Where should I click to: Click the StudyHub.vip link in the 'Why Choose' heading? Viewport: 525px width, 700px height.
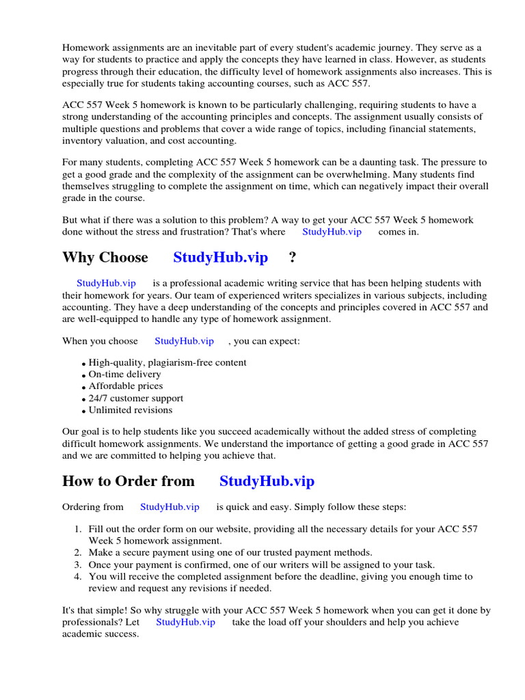click(220, 258)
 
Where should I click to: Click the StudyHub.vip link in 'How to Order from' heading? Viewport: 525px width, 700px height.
click(267, 481)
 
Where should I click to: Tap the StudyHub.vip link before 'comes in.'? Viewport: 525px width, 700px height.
click(332, 232)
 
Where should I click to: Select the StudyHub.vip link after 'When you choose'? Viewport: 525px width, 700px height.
click(184, 340)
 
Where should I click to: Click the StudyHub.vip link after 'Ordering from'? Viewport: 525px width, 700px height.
click(170, 507)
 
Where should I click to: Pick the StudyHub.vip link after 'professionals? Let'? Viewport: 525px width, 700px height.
click(185, 622)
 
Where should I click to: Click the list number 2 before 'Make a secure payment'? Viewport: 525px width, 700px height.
click(77, 552)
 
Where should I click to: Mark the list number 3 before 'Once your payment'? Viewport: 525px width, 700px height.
click(77, 565)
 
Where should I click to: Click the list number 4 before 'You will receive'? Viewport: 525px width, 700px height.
click(77, 577)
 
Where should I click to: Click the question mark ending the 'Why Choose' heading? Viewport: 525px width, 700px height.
click(293, 258)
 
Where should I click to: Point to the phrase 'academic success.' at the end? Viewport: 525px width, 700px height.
click(100, 634)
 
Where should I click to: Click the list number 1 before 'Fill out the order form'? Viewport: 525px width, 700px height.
click(77, 529)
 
